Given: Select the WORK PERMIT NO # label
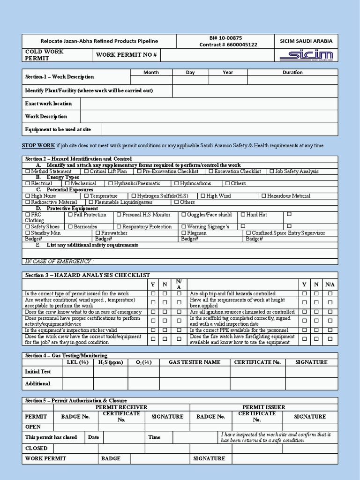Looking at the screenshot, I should point(126,55).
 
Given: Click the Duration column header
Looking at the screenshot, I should point(292,72).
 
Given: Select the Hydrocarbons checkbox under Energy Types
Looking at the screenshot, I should point(177,184).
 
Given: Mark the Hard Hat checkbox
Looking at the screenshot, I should point(243,215).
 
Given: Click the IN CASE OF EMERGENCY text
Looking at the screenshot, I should point(59,262).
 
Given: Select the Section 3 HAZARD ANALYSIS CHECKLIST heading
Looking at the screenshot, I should point(88,275).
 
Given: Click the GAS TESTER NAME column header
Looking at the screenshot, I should point(194,362).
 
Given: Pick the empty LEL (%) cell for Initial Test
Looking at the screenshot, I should point(78,372).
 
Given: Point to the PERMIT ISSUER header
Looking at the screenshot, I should point(263,407).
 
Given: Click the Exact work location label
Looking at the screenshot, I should point(48,104).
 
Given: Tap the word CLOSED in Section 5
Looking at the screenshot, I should point(36,448).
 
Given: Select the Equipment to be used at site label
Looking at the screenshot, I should point(58,129).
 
